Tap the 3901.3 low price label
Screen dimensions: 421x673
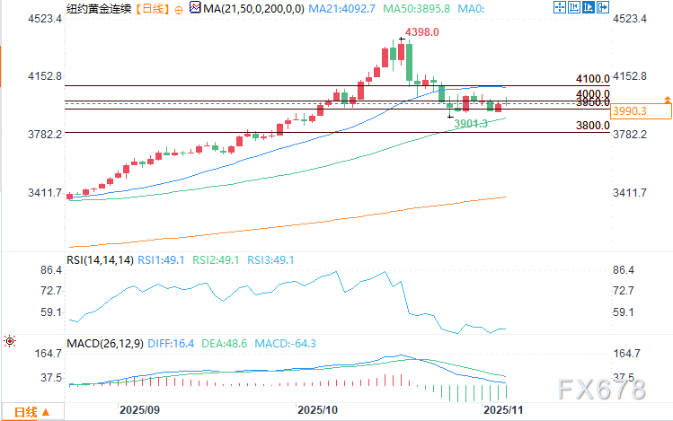coord(471,123)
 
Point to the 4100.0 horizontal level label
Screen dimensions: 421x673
coord(594,79)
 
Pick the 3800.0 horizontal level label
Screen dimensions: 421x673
coord(594,126)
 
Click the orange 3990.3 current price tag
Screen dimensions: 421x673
coord(629,110)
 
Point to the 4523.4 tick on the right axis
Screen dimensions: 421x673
coord(630,19)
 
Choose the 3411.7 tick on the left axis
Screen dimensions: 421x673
coord(20,193)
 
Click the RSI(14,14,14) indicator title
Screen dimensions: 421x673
coord(101,260)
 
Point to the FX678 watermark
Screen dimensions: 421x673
coord(601,390)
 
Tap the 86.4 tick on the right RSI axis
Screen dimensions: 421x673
coord(624,270)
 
